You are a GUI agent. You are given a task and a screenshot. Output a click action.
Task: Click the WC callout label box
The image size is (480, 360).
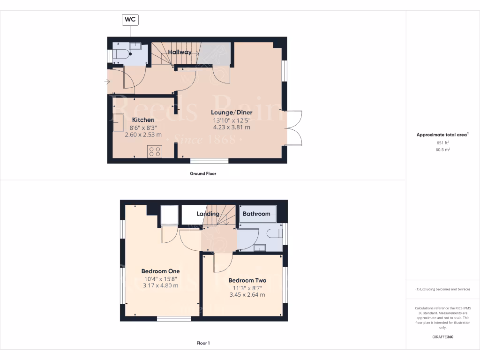(x=131, y=20)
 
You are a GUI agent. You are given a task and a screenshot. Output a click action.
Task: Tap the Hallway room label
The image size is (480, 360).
(x=180, y=52)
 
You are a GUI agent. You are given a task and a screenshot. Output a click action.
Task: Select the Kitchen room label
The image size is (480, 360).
(x=143, y=120)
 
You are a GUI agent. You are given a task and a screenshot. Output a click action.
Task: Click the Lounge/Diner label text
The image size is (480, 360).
(x=232, y=112)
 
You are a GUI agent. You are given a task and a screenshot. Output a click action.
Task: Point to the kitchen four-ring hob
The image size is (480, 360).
(x=155, y=151)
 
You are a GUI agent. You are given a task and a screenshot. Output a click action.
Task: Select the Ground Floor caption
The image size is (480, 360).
(x=202, y=173)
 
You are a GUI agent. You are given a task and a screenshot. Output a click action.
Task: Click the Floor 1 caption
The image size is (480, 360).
(x=203, y=343)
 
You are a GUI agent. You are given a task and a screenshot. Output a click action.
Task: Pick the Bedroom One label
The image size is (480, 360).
(x=160, y=271)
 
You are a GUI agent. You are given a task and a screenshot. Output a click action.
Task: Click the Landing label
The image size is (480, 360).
(x=208, y=214)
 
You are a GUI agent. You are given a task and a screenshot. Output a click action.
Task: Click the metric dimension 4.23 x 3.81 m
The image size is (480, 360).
(x=232, y=127)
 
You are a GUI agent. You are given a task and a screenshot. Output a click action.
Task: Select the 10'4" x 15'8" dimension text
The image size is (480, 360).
(x=160, y=278)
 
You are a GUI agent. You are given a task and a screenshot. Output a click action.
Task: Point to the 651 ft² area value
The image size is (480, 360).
(x=442, y=142)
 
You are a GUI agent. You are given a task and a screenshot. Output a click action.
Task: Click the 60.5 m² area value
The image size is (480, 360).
(x=442, y=150)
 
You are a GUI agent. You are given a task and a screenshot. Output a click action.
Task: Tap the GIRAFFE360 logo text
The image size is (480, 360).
(x=442, y=337)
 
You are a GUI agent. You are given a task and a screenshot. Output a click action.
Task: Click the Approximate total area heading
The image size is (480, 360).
(x=442, y=135)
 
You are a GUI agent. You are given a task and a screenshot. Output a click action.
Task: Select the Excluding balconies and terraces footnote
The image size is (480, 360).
(x=442, y=289)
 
